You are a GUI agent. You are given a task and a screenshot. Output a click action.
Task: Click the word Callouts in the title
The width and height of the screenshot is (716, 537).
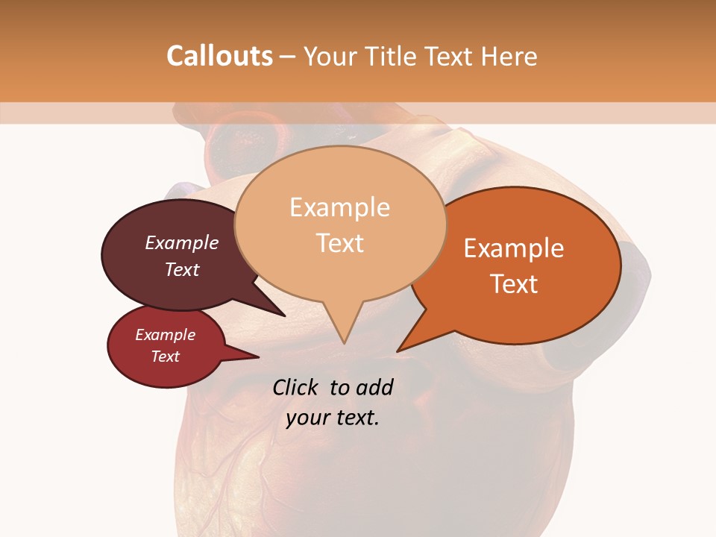tap(219, 56)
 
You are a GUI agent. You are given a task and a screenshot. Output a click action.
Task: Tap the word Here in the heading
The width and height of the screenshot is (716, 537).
tap(510, 56)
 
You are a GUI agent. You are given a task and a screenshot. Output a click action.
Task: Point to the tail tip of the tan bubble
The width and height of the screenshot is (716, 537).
tap(344, 342)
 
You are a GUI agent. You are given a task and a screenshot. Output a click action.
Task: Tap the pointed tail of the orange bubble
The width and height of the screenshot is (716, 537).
tap(400, 350)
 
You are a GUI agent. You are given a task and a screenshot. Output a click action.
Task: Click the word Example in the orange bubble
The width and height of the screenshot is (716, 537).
tap(514, 248)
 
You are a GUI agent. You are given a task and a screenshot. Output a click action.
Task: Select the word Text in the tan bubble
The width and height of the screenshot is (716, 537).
tap(340, 243)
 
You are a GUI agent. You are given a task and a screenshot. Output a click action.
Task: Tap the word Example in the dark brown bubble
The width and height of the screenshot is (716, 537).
tap(182, 243)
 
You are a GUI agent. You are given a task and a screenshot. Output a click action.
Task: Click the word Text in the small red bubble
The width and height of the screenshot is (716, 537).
tap(166, 357)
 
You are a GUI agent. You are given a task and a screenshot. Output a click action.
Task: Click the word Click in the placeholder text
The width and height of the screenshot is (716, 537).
tap(297, 387)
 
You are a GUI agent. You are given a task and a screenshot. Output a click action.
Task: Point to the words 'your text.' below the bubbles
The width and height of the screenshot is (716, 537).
tap(333, 418)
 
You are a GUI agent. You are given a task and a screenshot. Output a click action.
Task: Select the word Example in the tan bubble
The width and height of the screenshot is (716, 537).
tap(339, 207)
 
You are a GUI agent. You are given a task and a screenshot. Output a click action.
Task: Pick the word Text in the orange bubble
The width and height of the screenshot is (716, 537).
tap(515, 284)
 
